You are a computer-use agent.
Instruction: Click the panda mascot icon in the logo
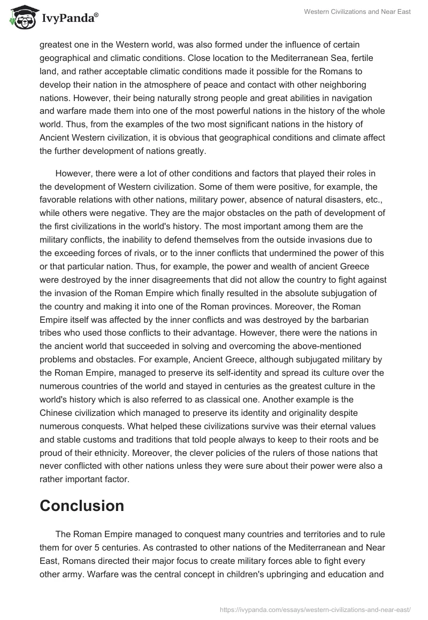click(20, 17)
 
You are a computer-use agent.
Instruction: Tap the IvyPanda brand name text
click(66, 18)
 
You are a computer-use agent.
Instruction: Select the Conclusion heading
click(82, 506)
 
